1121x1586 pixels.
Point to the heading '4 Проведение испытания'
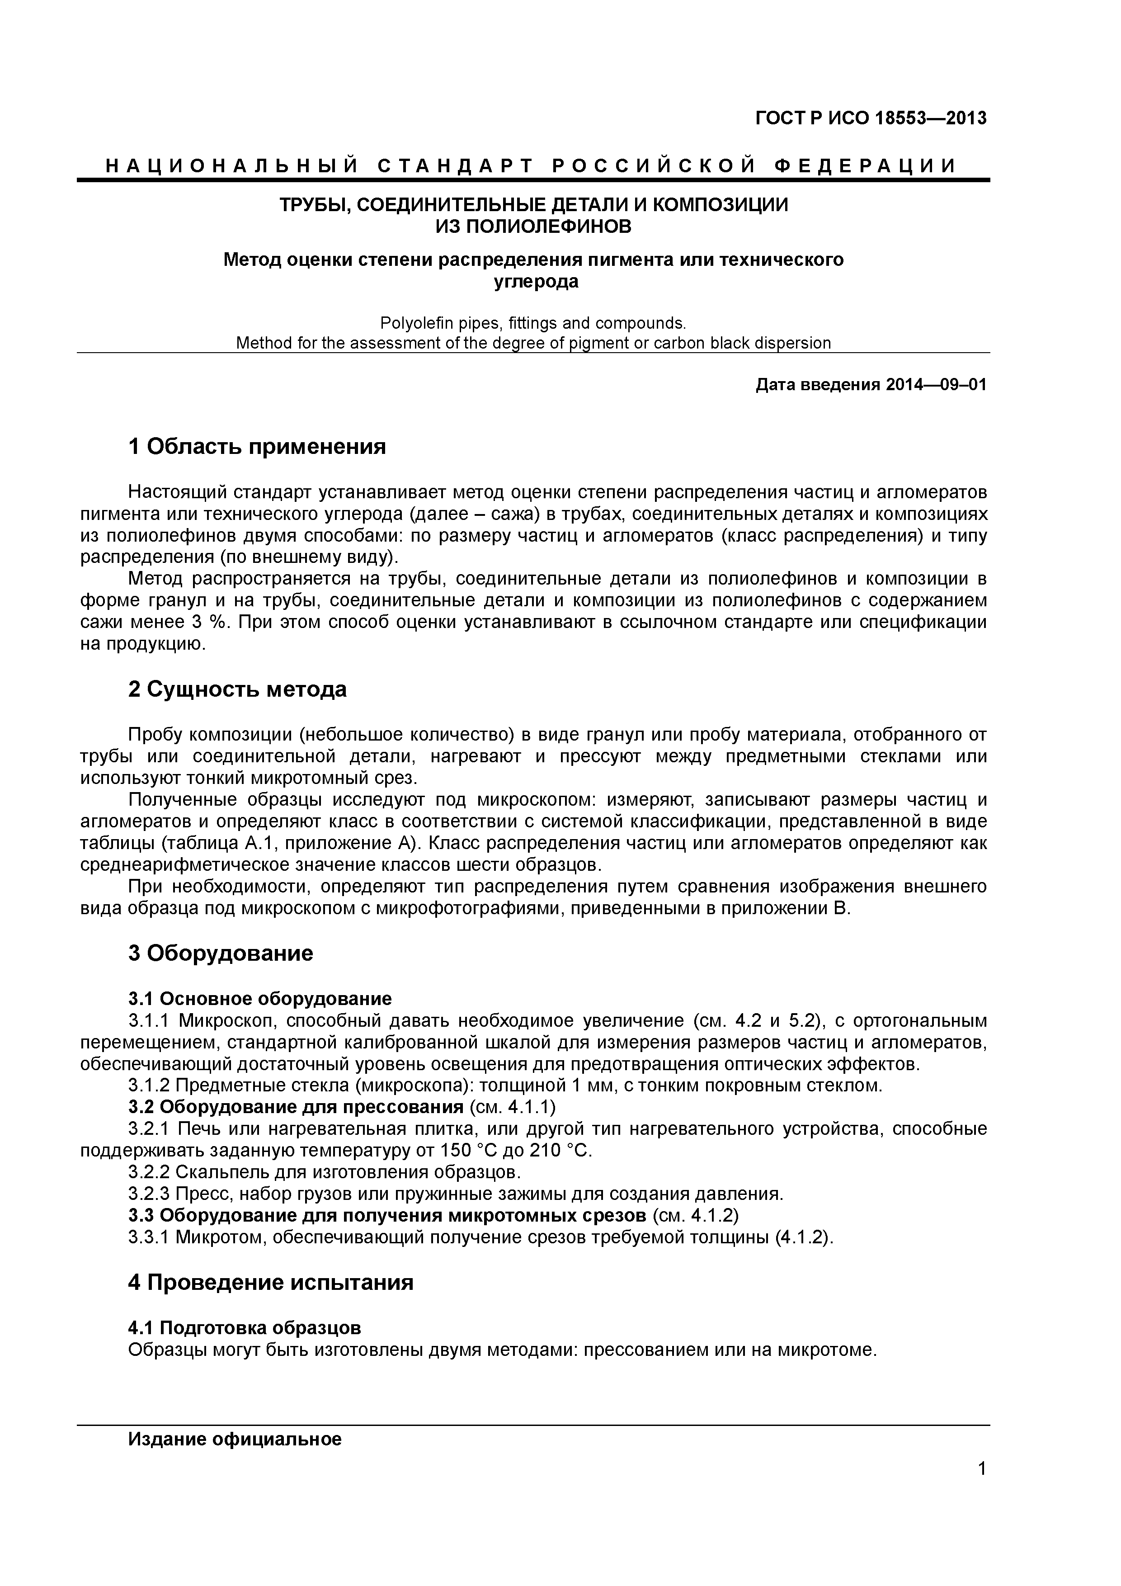[271, 1282]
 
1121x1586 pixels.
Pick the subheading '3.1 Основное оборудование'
[260, 998]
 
